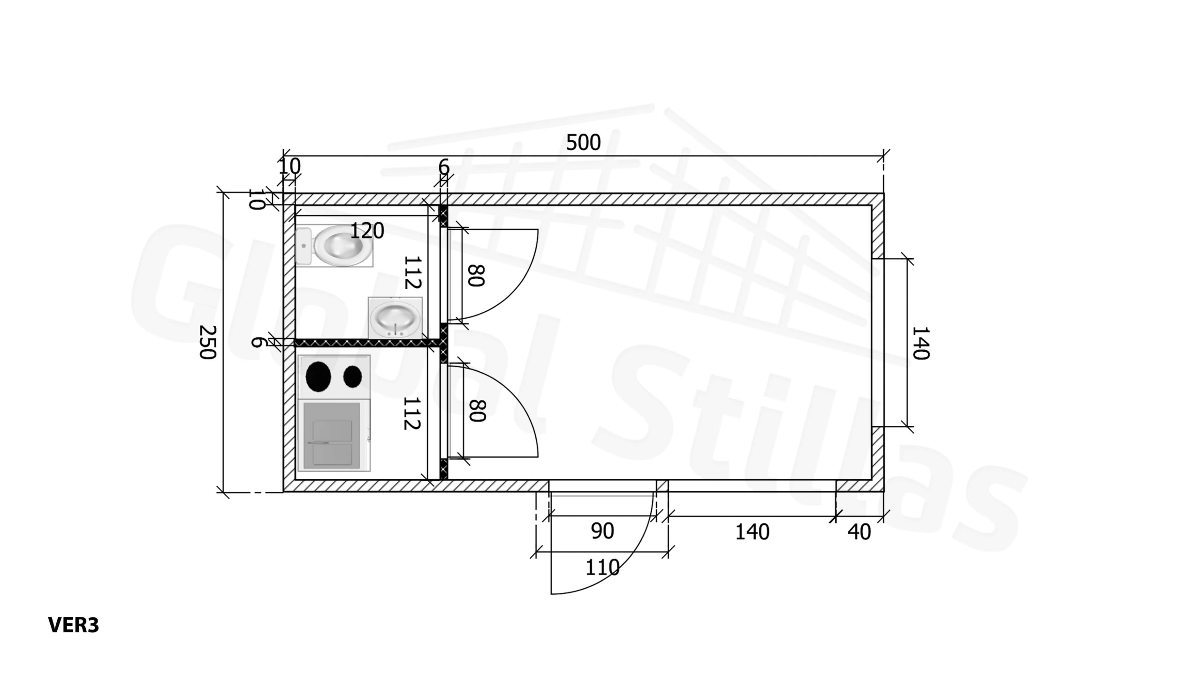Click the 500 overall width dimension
583,143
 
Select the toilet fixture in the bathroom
334,246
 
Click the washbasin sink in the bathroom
395,318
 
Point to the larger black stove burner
318,377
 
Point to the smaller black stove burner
353,376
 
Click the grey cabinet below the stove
332,436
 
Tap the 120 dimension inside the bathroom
367,231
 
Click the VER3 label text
74,625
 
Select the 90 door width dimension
602,531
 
